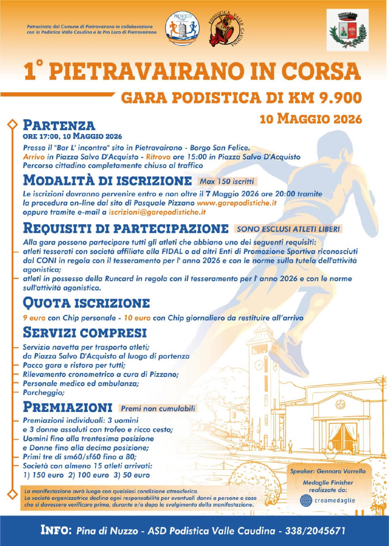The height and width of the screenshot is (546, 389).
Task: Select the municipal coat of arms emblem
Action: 347,30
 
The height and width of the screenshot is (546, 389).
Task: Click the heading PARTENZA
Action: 59,125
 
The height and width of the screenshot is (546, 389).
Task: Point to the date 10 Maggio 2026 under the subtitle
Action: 311,119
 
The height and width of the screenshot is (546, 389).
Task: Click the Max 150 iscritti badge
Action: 227,181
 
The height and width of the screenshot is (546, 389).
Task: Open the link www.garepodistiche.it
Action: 237,203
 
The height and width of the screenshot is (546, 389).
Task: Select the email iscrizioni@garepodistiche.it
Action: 157,212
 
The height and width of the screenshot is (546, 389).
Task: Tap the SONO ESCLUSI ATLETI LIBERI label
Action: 288,229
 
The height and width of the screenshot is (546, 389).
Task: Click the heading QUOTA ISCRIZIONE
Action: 86,303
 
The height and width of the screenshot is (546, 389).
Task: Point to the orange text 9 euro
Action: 34,318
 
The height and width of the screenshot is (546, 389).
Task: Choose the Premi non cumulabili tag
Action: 158,408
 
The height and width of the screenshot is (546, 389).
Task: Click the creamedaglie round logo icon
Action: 306,500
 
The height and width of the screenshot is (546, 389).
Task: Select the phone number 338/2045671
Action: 315,530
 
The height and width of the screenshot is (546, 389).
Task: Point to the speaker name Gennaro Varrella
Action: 341,471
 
